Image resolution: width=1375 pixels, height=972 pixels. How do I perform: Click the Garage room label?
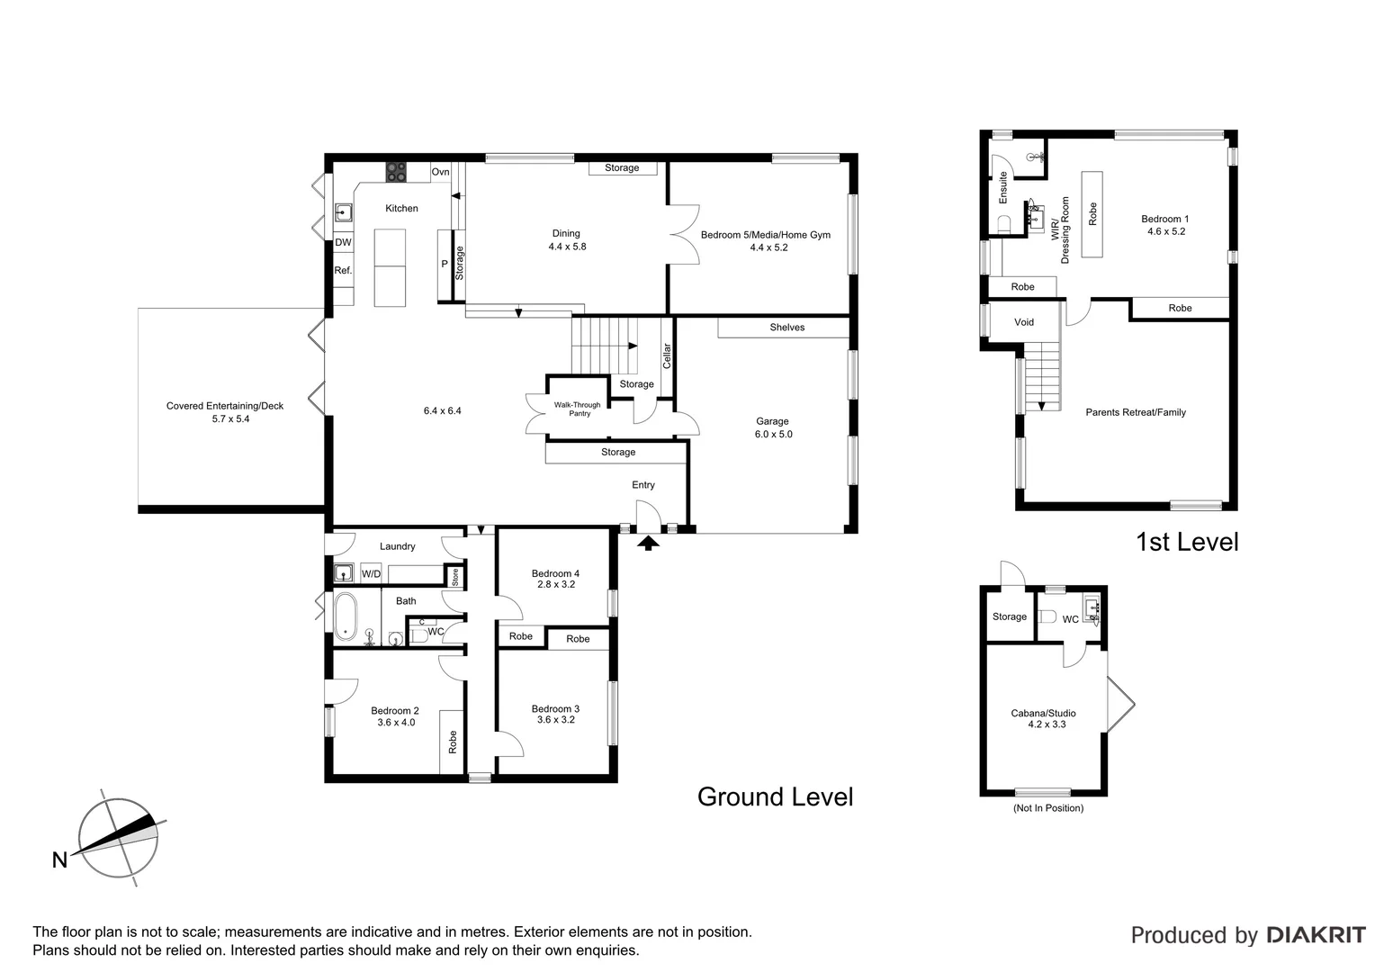(x=772, y=421)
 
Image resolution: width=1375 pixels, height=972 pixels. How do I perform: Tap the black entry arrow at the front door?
(x=649, y=543)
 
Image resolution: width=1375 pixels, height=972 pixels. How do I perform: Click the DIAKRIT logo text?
(x=1316, y=935)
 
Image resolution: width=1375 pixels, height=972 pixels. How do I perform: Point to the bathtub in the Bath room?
(x=346, y=616)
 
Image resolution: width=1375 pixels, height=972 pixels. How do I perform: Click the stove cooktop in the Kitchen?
(x=396, y=171)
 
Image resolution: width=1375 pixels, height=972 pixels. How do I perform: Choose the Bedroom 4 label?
(x=555, y=573)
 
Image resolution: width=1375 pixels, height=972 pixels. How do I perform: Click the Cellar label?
(x=667, y=356)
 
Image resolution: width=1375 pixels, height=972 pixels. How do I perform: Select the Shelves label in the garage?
(x=786, y=328)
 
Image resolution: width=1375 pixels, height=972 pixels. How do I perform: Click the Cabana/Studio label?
(x=1043, y=713)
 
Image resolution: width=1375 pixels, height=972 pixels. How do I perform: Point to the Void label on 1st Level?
(x=1024, y=322)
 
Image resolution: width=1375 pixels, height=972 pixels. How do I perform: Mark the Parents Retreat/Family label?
(x=1136, y=412)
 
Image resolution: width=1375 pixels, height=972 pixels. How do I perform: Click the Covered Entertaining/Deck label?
(x=225, y=406)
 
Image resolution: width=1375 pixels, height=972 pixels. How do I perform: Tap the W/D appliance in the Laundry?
(x=371, y=573)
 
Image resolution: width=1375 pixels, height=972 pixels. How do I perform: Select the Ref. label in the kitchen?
(x=343, y=270)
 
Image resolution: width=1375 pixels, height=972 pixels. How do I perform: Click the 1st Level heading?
(x=1187, y=542)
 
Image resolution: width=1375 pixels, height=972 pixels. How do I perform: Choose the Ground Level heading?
(x=775, y=796)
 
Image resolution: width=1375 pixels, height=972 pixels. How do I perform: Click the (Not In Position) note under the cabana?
(x=1047, y=808)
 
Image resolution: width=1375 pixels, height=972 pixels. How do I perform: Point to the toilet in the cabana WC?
(x=1047, y=617)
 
